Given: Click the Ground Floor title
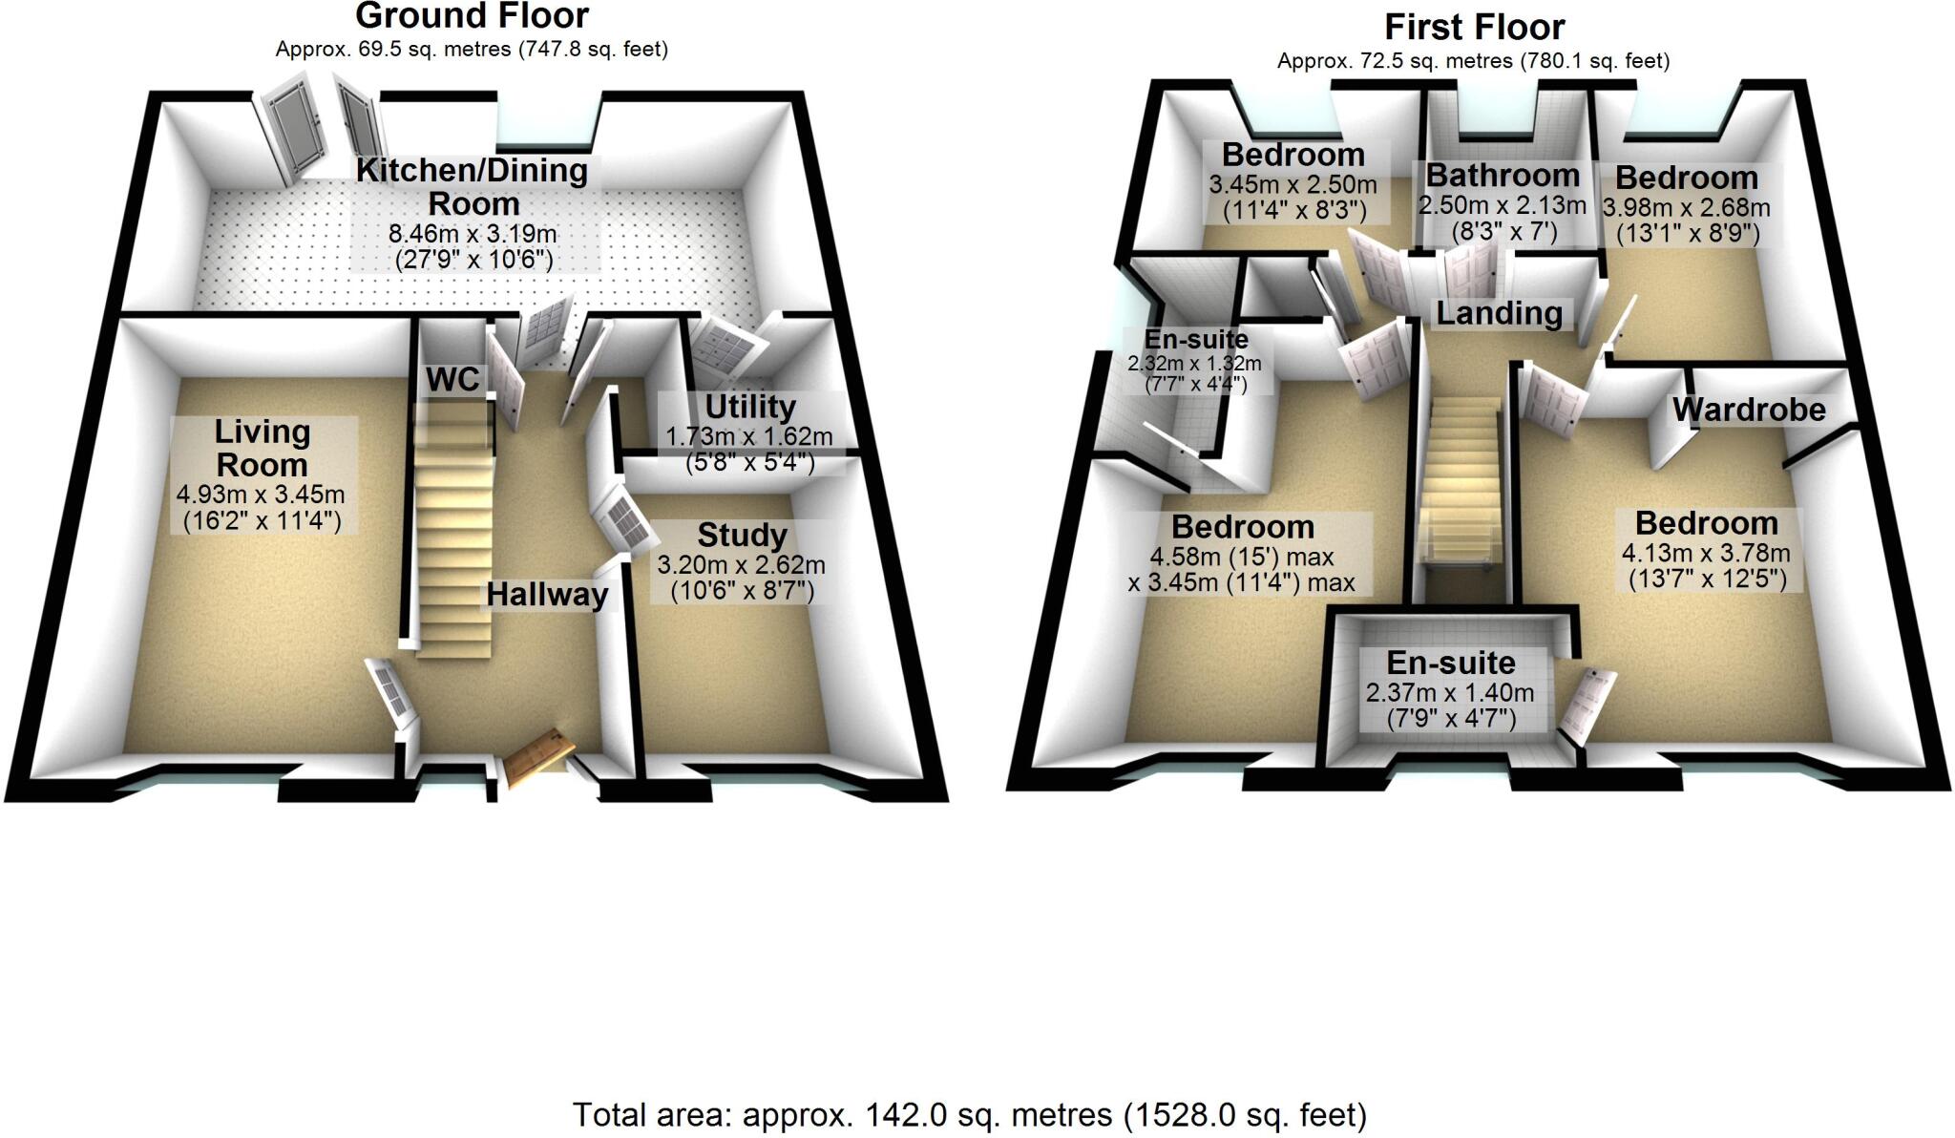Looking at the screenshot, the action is coord(472,16).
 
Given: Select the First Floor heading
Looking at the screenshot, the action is coord(1474,27).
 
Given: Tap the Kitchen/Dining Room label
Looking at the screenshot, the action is coord(473,187).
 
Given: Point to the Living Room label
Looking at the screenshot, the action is coord(262,448).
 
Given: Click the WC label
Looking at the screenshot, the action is coord(452,379).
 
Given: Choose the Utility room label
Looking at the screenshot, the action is coord(749,407).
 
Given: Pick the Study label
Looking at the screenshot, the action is coord(742,535).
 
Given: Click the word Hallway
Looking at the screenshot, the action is coord(547,595).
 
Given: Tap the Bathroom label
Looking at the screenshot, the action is coord(1503,176).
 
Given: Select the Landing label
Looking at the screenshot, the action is coord(1499,313).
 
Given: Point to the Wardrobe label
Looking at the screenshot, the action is coord(1749,410).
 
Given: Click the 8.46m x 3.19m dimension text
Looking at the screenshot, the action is coord(473,233).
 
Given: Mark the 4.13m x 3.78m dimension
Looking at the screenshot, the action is coord(1706,553).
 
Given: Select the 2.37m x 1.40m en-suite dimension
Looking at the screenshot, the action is coord(1450,693).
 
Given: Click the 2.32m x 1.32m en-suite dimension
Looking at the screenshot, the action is coord(1194,364).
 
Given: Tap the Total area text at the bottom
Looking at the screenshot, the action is coord(969,1114).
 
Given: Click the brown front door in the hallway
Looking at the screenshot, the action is coord(536,759).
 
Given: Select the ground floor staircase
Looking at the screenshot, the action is coord(453,535).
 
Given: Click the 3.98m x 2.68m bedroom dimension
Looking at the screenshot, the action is coord(1686,208).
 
